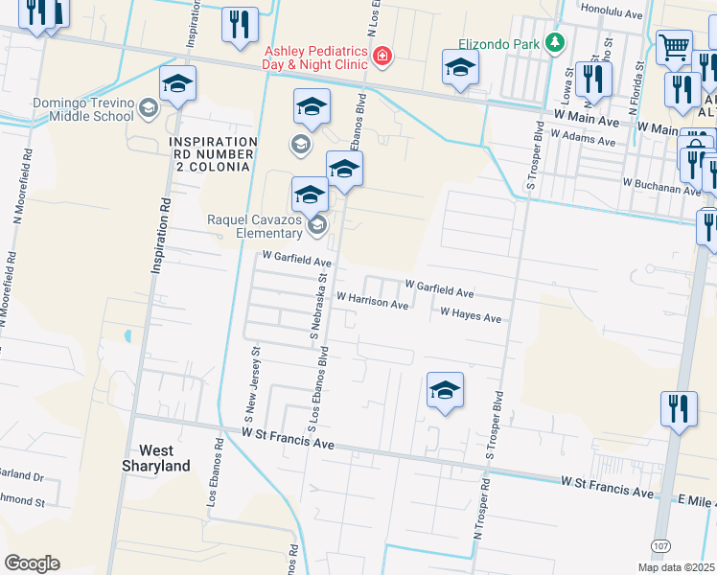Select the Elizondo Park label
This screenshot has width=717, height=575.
click(x=489, y=42)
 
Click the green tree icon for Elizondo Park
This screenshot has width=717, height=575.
click(x=553, y=42)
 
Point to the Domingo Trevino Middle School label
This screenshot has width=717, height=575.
click(x=70, y=109)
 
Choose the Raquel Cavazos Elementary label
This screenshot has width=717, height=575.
click(x=255, y=226)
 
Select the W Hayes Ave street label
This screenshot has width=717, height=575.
click(x=471, y=315)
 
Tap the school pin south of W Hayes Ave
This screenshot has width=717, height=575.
click(x=445, y=390)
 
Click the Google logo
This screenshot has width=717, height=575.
click(x=33, y=563)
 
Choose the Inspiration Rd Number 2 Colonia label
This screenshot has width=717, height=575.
click(x=212, y=148)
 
